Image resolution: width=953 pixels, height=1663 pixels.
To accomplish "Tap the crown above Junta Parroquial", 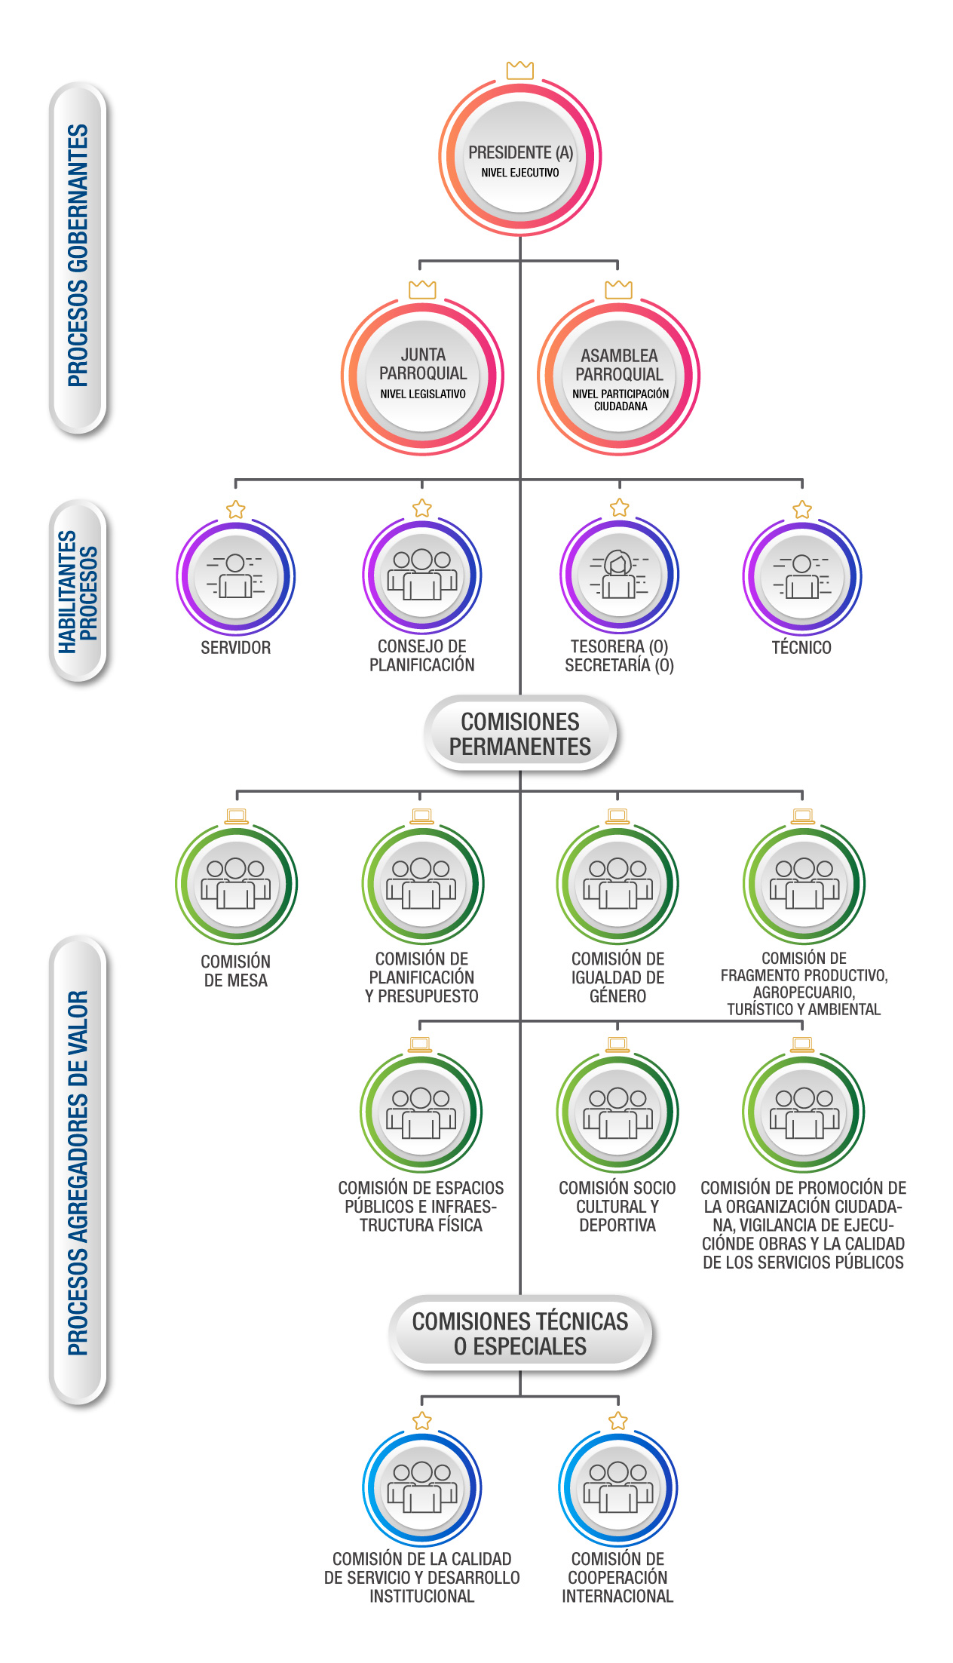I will coord(422,289).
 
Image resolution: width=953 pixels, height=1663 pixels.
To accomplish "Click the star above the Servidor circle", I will coord(236,509).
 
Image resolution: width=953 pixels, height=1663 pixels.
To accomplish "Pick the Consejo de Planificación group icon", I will coord(422,575).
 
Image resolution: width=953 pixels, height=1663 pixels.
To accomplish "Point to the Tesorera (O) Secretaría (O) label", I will coord(619,656).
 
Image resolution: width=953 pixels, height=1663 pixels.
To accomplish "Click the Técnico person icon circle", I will coord(802,576).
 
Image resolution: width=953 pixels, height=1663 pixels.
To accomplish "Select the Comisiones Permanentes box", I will coord(520,734).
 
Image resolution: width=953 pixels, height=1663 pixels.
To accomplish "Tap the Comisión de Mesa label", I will coord(236,971).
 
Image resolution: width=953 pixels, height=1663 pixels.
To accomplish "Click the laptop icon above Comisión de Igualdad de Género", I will coord(617,816).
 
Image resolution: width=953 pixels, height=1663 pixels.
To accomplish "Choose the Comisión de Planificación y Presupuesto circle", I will coord(422,884).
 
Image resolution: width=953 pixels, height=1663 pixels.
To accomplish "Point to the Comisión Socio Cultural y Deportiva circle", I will coord(617,1113).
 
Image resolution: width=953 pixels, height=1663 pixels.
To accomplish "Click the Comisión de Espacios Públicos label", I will coord(421,1206).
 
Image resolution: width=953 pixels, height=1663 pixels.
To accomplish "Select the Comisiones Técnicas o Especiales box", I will coord(520,1333).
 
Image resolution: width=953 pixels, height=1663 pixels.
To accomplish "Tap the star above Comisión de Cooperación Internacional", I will coord(618,1421).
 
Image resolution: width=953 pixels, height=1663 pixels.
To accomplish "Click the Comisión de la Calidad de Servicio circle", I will coord(422,1487).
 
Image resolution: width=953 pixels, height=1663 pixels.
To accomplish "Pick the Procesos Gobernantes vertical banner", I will coord(78,256).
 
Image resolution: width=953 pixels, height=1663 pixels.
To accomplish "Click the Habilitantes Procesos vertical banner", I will coord(78,591).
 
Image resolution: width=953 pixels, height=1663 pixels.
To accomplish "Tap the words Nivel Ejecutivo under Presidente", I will coord(520,173).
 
